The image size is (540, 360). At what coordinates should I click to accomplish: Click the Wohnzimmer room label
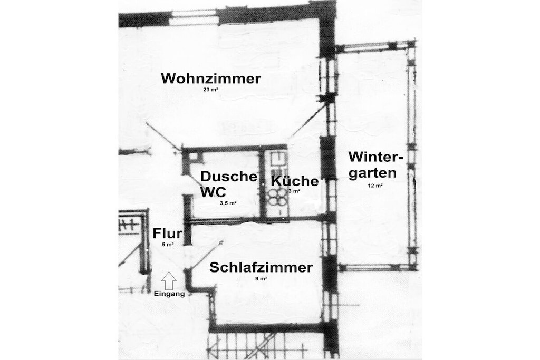pos(211,79)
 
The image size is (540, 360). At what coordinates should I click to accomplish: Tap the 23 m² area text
pos(211,90)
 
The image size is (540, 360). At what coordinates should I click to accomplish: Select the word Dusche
pos(229,176)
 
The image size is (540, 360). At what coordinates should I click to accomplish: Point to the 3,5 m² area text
pos(228,203)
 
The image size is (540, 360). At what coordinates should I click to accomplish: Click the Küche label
pos(295,181)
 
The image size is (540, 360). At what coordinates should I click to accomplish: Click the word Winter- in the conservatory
pos(375,157)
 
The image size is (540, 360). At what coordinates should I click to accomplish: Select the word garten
pos(373,173)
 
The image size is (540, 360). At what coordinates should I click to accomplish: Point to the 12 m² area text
pos(375,186)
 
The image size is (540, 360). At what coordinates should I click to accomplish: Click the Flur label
pos(167,233)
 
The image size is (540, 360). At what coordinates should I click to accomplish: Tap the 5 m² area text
pos(167,245)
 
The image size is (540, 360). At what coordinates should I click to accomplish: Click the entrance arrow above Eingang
pos(169,280)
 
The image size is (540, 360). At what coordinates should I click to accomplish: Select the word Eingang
pos(169,294)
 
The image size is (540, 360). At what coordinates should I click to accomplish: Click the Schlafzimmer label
pos(261,267)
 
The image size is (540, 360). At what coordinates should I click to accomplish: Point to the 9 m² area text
pos(262,279)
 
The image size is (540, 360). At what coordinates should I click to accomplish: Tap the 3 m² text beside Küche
pos(294,191)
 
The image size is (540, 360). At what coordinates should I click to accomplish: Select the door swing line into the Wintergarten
pos(308,120)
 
